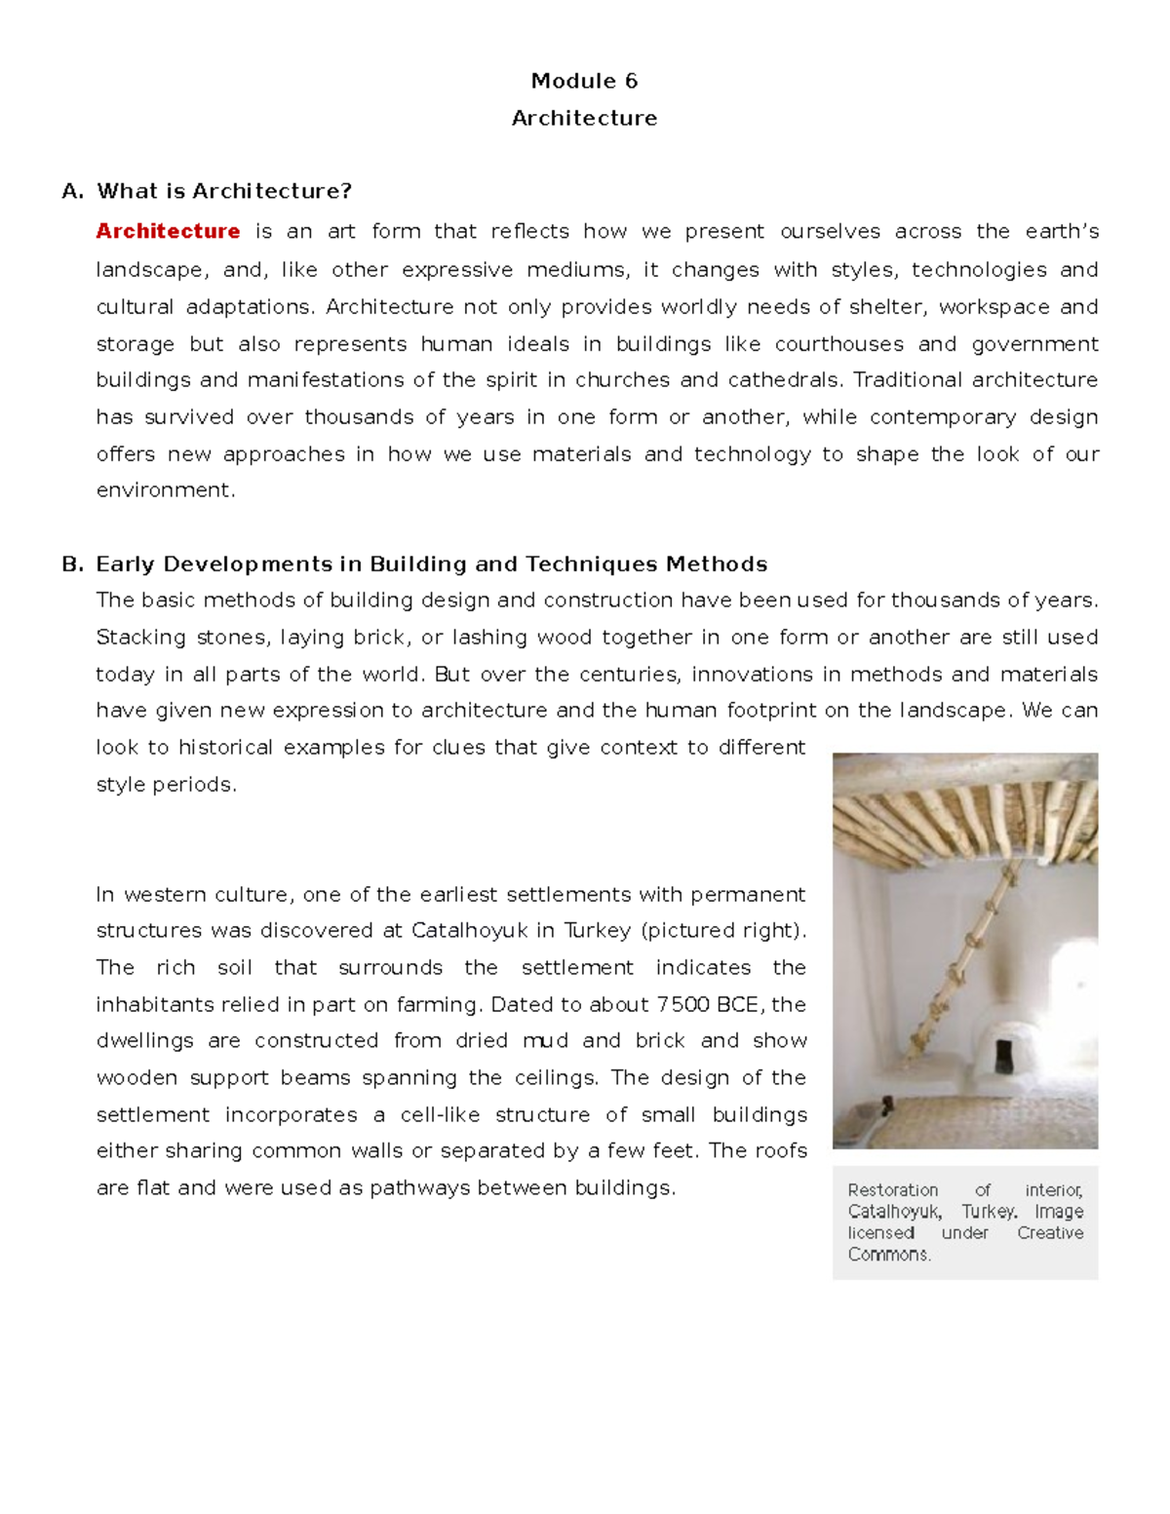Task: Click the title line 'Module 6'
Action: [584, 81]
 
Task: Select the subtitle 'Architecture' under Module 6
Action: [584, 118]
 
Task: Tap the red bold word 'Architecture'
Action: [168, 231]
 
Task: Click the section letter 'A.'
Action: [72, 191]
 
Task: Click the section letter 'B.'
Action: [72, 564]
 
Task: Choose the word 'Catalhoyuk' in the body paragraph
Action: [469, 931]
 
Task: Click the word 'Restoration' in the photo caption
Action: [892, 1190]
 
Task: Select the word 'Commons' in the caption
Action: [888, 1255]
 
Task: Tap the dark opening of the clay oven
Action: [1002, 1056]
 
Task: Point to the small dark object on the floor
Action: [887, 1106]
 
